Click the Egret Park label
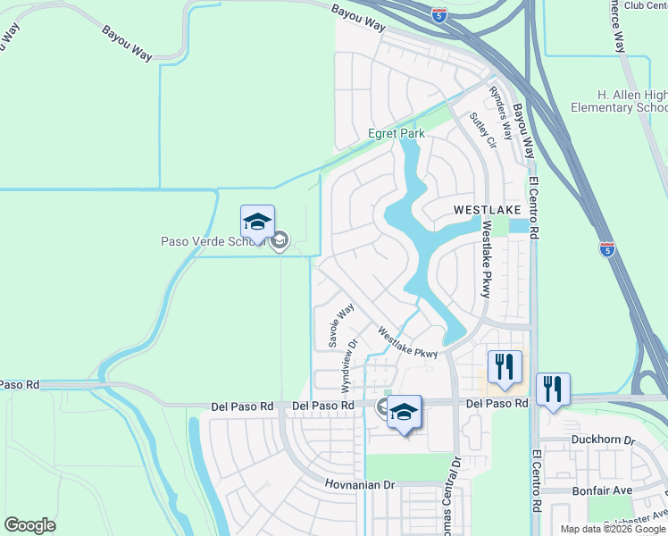(397, 134)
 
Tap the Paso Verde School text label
(215, 240)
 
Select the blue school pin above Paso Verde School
(257, 221)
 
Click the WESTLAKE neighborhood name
(487, 210)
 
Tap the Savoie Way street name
(340, 325)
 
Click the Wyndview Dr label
(347, 364)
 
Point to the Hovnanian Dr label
(360, 483)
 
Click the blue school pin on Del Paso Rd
(404, 413)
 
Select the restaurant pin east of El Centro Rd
(553, 389)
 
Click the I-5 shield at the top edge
(438, 14)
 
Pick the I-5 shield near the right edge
(607, 249)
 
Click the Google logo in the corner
(30, 525)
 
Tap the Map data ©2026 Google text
(613, 529)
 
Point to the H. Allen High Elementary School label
(631, 102)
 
